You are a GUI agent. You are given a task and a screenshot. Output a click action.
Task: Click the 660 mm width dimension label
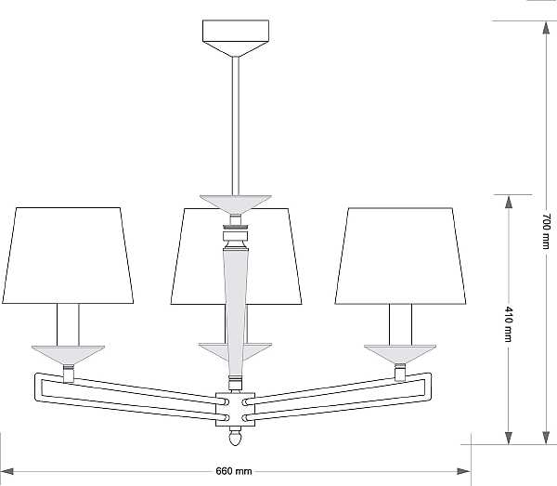(x=234, y=471)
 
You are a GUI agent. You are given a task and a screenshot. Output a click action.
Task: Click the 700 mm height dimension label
(x=547, y=231)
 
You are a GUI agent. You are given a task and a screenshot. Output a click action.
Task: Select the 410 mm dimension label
(x=509, y=323)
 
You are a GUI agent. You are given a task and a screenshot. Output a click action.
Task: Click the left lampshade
(x=68, y=256)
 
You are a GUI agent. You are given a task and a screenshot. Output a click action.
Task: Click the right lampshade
(x=400, y=256)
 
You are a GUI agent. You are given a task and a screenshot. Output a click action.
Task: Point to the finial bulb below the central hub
(x=236, y=436)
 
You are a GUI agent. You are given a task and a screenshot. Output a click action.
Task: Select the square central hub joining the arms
(x=236, y=409)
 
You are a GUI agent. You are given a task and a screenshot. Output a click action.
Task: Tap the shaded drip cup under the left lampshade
(x=68, y=355)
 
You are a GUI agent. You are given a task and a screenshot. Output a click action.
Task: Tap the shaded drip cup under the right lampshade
(x=400, y=354)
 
